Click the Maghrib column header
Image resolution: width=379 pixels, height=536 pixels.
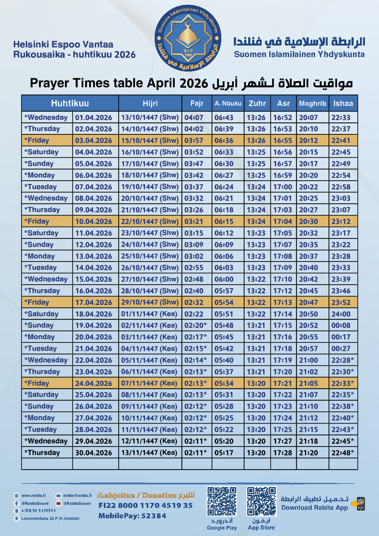[312, 103]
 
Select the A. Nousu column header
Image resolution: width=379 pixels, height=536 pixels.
[228, 103]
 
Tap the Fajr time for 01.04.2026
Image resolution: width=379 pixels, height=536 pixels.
[194, 118]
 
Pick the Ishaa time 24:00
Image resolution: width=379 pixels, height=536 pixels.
[341, 314]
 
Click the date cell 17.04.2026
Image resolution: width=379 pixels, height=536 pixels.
[94, 303]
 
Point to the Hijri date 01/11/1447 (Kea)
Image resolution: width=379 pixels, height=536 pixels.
[149, 314]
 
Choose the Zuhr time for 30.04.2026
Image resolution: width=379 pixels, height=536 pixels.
[256, 453]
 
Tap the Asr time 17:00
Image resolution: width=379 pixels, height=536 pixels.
[283, 187]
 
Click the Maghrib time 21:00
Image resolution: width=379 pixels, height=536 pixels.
[308, 360]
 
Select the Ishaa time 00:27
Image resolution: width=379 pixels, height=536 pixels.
[341, 349]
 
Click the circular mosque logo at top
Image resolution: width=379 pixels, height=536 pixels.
[188, 38]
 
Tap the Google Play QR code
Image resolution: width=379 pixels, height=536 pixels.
[222, 501]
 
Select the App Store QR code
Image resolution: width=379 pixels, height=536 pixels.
[261, 501]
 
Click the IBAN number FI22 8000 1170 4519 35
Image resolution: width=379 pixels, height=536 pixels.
[145, 505]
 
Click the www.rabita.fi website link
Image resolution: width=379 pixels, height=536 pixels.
[33, 496]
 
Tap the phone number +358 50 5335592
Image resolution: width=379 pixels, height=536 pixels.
[38, 511]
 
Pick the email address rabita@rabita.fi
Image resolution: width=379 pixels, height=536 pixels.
[77, 496]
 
